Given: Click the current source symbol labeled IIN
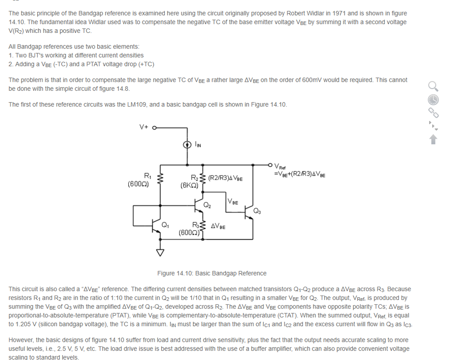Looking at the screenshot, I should pos(187,144).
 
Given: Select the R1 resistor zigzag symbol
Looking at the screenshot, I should pos(160,179).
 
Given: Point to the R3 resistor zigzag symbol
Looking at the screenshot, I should pos(203,227).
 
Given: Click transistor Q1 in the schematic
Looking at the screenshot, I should pos(156,226).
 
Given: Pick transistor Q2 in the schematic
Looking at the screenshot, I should pos(200,205).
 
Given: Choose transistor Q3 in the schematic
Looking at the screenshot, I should pos(249,212).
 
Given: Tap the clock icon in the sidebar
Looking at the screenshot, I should pos(434,99).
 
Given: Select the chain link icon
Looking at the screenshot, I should pos(434,112).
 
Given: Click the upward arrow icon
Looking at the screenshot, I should pos(433,140).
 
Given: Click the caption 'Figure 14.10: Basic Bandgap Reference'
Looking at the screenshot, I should pos(212,273).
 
